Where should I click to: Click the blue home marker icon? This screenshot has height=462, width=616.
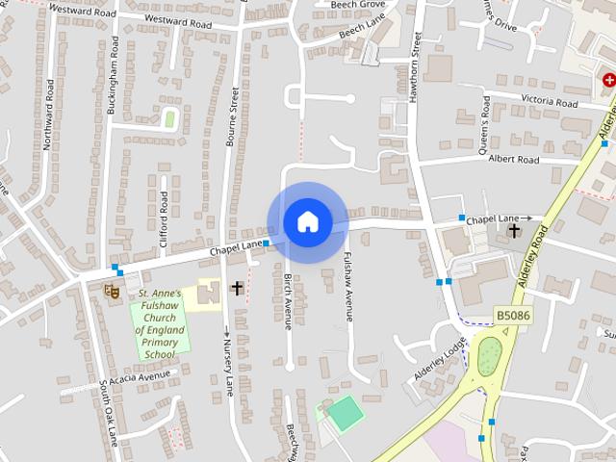coord(307,221)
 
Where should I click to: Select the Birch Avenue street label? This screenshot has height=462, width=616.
coord(287,299)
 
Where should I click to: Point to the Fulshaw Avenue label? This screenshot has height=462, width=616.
coord(348,279)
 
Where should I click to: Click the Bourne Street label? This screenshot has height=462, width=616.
coord(234,117)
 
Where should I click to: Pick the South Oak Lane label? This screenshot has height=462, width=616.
coord(108,413)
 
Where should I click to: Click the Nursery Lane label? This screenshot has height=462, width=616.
coord(228,366)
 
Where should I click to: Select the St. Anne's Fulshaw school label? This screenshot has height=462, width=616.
coord(159,323)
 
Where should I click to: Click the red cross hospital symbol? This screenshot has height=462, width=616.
coord(608,83)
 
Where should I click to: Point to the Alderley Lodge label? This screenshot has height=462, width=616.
coord(441,357)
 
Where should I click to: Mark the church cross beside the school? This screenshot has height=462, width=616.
coord(237,288)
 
